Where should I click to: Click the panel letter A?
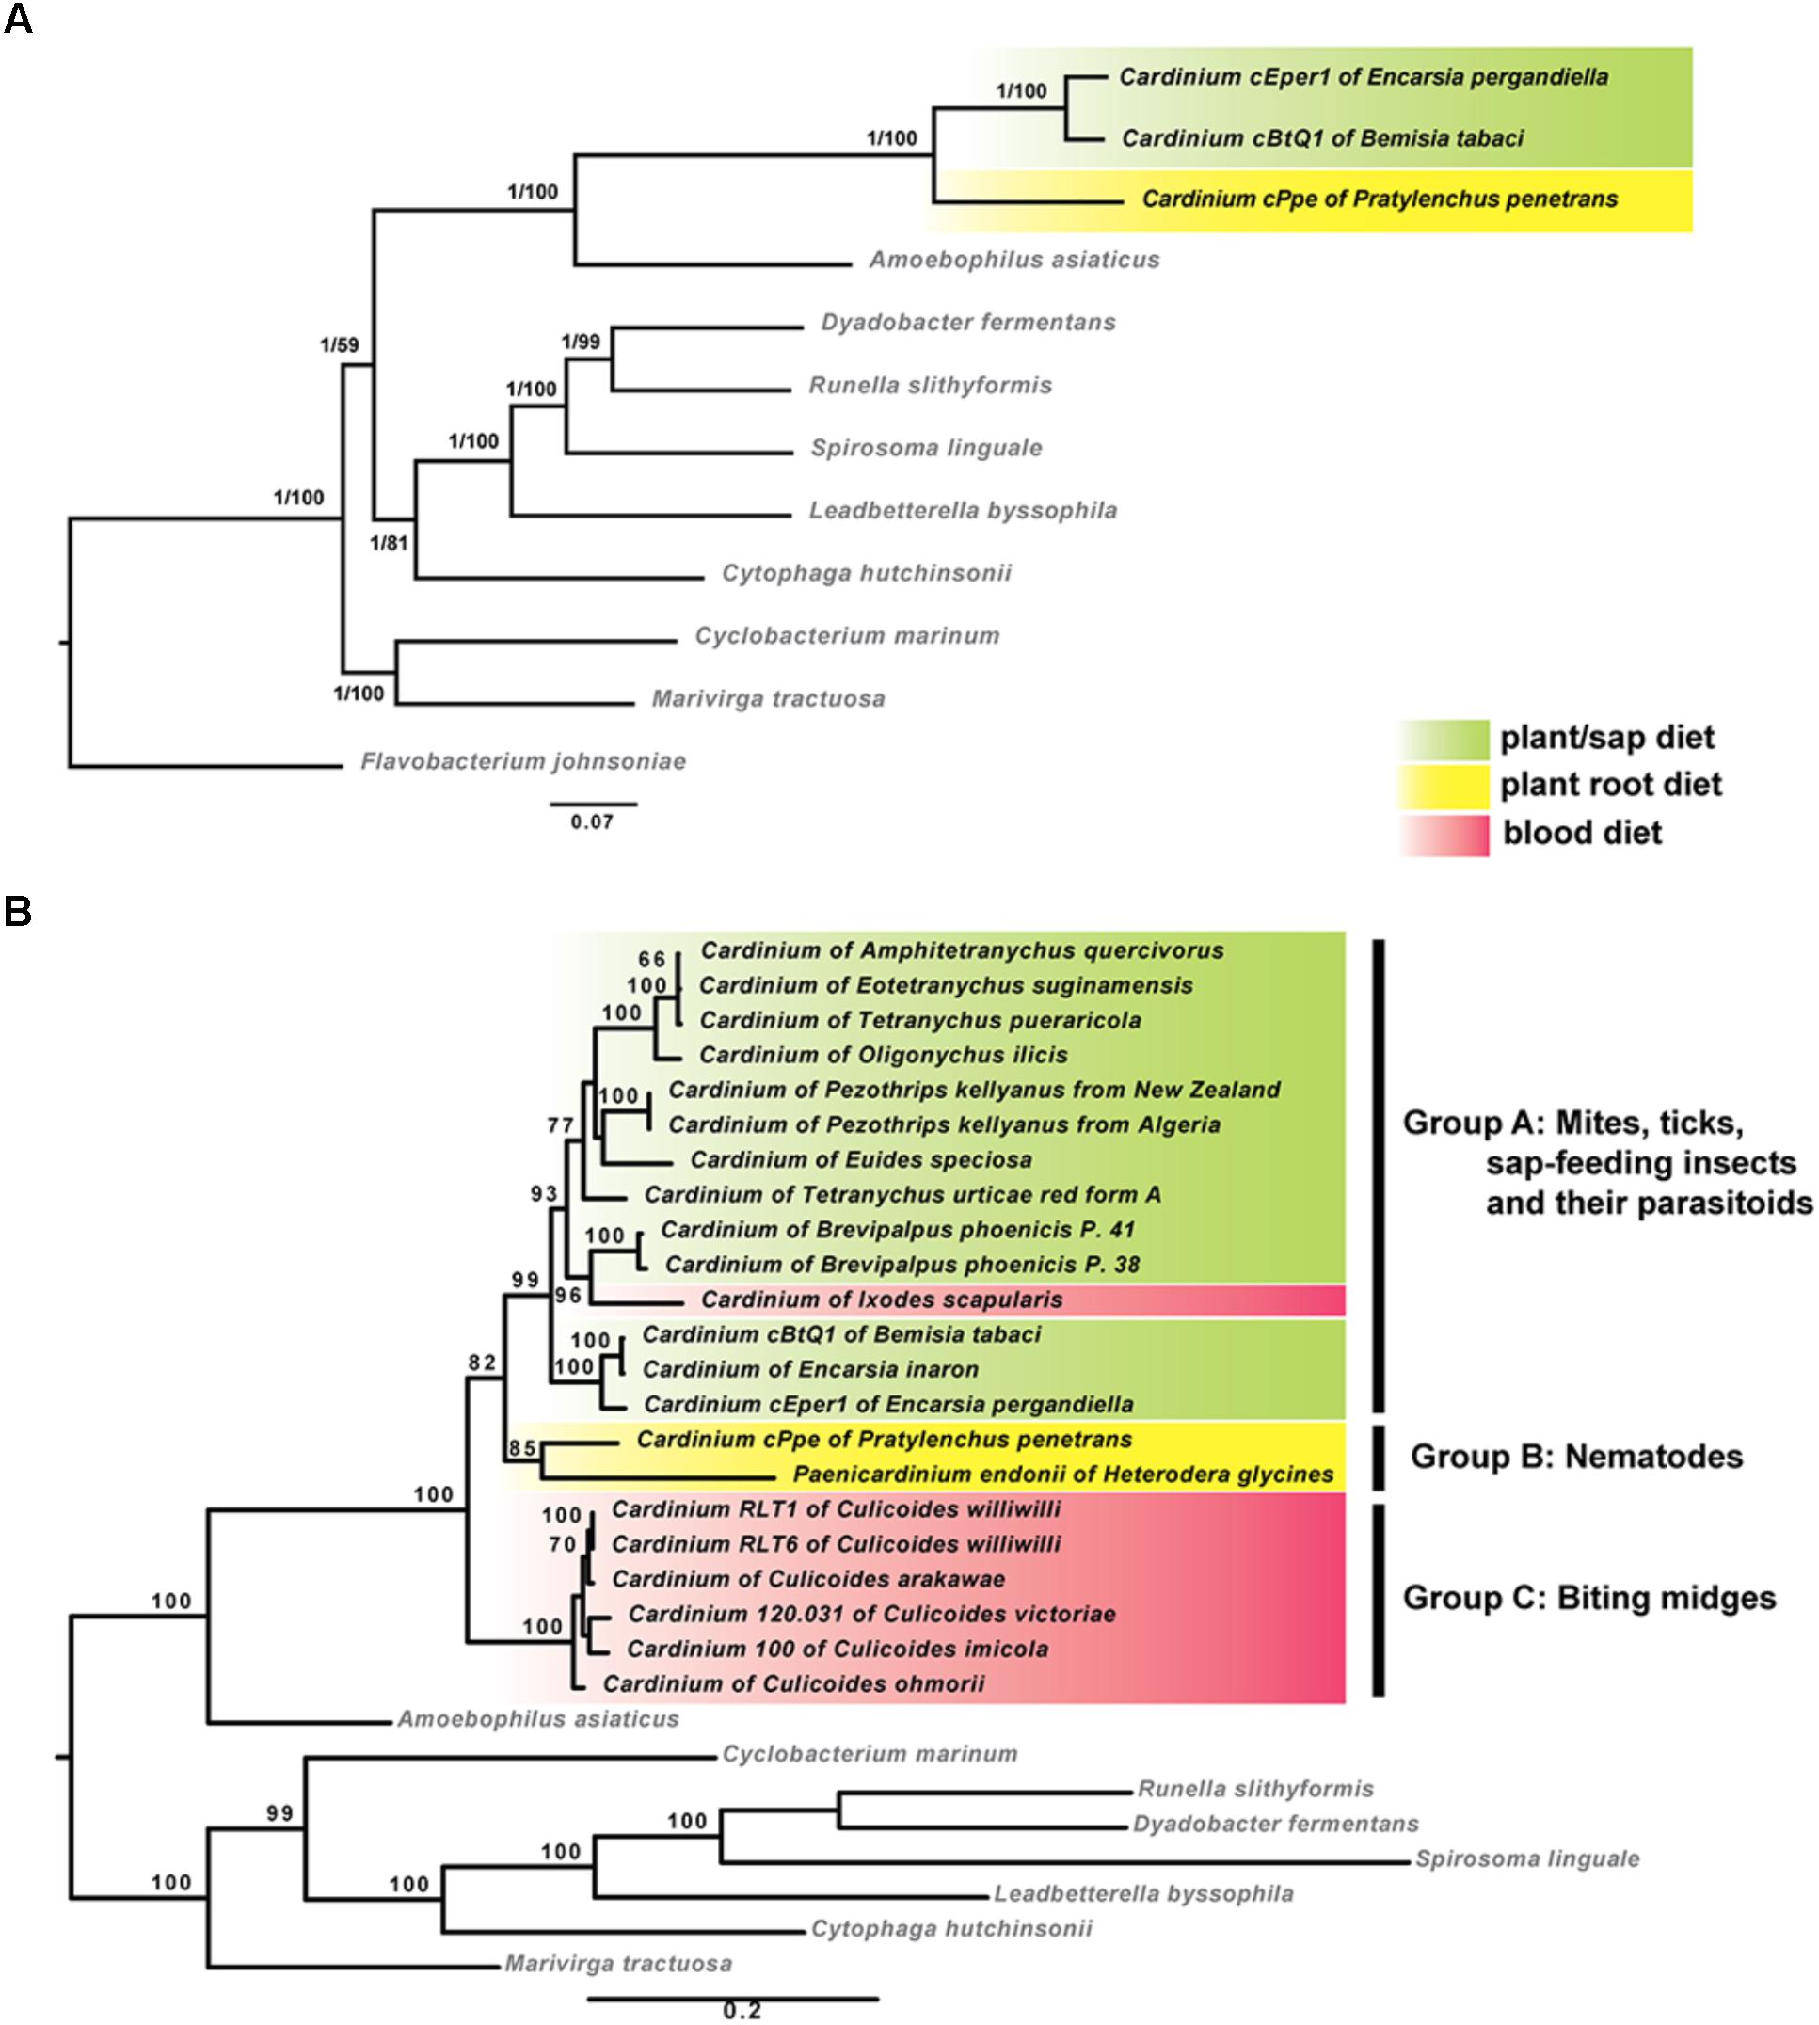click(18, 20)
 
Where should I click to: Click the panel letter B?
click(18, 912)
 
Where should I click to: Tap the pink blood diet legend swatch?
click(1444, 834)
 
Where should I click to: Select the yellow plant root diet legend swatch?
click(1444, 786)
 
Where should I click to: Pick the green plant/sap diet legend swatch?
click(1444, 739)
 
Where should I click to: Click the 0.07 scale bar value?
click(592, 822)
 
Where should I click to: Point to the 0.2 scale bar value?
click(742, 2009)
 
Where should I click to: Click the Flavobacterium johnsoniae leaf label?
click(522, 761)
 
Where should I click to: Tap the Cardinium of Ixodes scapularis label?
click(882, 1300)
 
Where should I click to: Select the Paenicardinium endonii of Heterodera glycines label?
click(1063, 1475)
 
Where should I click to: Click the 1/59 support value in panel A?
click(339, 346)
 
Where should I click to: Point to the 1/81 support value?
click(389, 544)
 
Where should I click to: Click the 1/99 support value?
click(581, 342)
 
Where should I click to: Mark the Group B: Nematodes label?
click(1576, 1457)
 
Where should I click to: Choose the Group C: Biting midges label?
click(1589, 1598)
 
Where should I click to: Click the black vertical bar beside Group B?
click(1379, 1458)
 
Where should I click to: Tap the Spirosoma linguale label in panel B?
click(1527, 1859)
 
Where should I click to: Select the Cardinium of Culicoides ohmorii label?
click(793, 1683)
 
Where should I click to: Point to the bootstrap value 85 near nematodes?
click(521, 1448)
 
